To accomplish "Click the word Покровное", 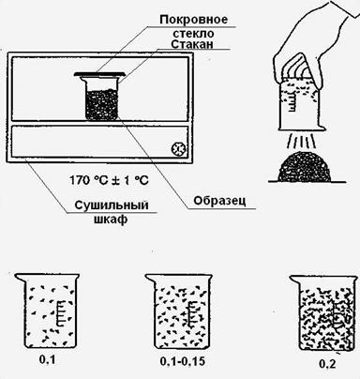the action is click(x=194, y=20).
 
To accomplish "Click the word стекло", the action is click(x=193, y=33).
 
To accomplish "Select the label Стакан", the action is click(x=192, y=44).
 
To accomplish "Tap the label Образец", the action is click(x=219, y=201).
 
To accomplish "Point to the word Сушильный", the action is click(x=112, y=205).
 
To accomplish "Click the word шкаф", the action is click(x=111, y=220).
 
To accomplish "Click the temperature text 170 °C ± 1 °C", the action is click(x=109, y=180).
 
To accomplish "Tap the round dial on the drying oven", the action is click(x=178, y=149).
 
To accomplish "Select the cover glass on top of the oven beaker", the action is click(x=99, y=74).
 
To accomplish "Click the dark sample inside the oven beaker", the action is click(x=101, y=105).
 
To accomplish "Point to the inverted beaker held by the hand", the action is click(x=299, y=104).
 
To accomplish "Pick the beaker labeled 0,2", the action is click(x=323, y=313).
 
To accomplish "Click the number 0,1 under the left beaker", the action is click(x=47, y=360).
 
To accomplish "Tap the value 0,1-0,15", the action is click(x=183, y=362).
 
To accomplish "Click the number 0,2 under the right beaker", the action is click(x=327, y=364).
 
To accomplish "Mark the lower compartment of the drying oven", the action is click(x=100, y=142).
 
